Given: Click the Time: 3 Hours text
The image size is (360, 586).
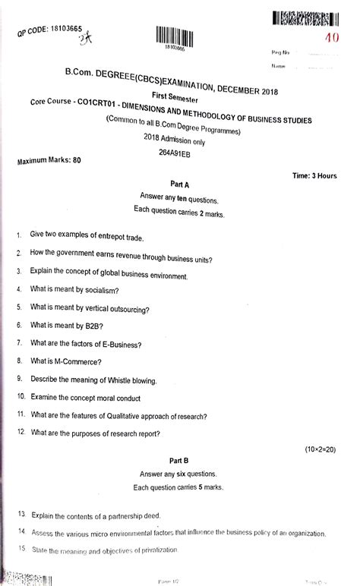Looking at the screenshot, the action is click(314, 176).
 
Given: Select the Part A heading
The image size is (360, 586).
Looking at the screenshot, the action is click(180, 184).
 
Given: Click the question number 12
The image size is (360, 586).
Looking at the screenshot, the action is click(19, 433).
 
